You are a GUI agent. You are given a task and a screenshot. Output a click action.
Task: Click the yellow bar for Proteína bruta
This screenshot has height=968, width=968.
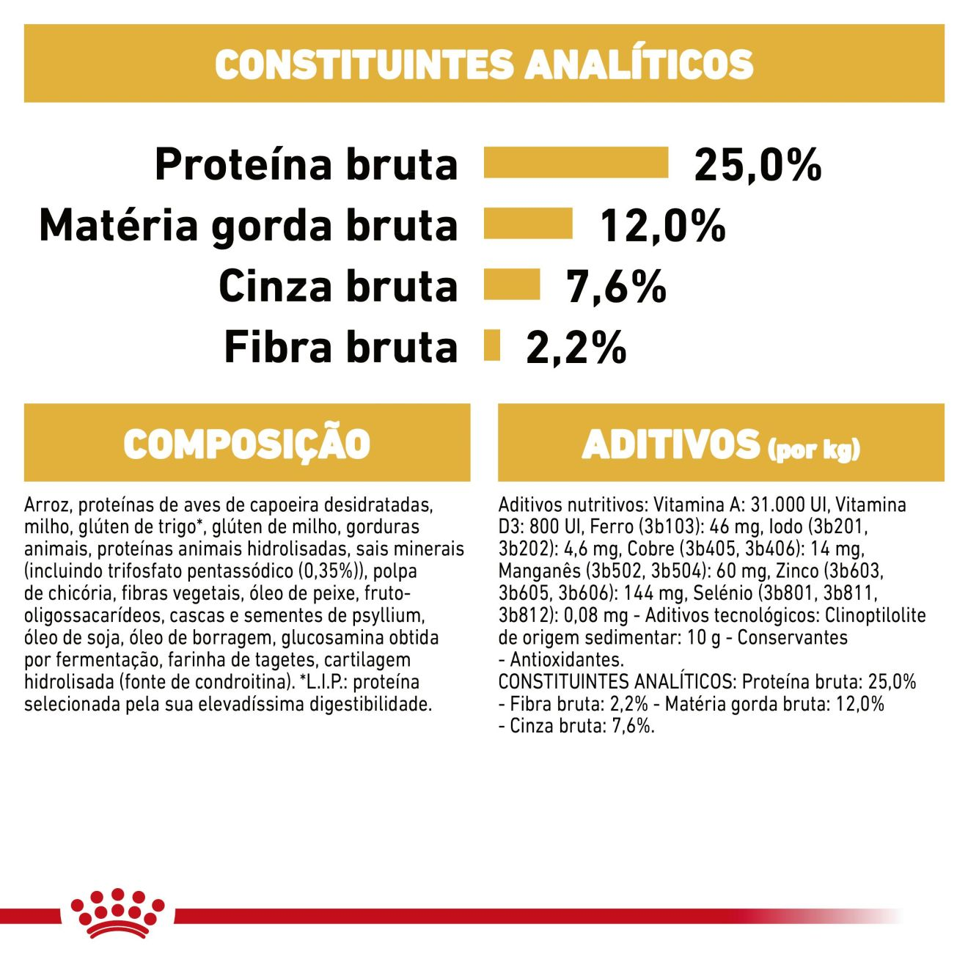[x=576, y=163]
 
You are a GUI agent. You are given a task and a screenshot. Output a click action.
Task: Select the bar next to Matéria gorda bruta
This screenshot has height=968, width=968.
[x=528, y=224]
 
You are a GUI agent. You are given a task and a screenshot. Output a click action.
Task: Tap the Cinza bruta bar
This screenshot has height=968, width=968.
[x=512, y=285]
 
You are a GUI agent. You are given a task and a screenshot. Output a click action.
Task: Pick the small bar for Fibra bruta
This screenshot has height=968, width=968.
[x=492, y=345]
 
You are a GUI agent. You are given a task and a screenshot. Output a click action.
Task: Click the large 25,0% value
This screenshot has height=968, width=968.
[x=757, y=164]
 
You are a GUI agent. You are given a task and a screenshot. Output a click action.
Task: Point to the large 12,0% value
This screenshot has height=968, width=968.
[x=662, y=225]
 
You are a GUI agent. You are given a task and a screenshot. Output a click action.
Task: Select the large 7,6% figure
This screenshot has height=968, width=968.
[x=616, y=286]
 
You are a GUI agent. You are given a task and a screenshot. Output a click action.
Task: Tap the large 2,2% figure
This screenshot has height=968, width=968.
[x=576, y=347]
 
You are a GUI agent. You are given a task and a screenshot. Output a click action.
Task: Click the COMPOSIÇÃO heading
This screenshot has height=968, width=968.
[x=246, y=444]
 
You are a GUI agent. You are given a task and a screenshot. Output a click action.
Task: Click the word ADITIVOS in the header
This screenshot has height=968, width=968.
[x=670, y=444]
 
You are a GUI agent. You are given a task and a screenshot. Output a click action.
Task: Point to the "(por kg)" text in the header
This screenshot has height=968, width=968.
[x=813, y=449]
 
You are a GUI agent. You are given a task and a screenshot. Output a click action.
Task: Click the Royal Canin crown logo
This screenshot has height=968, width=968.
[x=117, y=912]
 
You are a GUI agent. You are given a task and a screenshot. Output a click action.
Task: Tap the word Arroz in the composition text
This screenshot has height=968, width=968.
[x=45, y=505]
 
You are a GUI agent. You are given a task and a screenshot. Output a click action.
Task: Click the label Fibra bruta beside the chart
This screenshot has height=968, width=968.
[x=340, y=347]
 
